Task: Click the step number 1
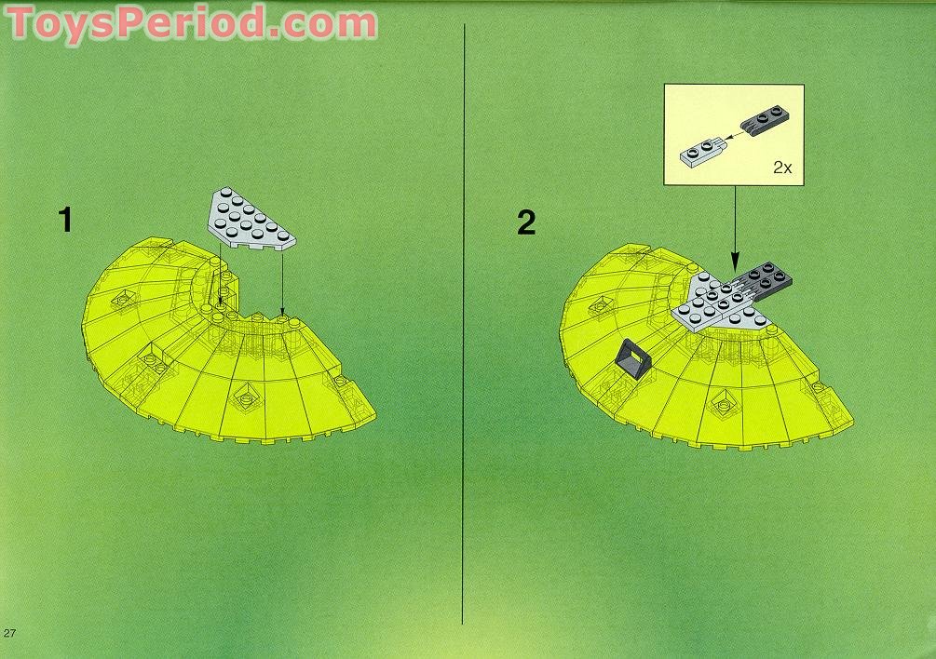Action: pos(64,221)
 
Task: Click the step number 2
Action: pos(527,222)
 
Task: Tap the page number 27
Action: pos(10,633)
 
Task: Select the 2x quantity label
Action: pos(781,168)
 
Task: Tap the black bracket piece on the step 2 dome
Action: pos(632,357)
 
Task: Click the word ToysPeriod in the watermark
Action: pos(140,22)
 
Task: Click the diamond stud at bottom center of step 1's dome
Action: pos(247,397)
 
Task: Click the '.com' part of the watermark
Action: pos(326,22)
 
